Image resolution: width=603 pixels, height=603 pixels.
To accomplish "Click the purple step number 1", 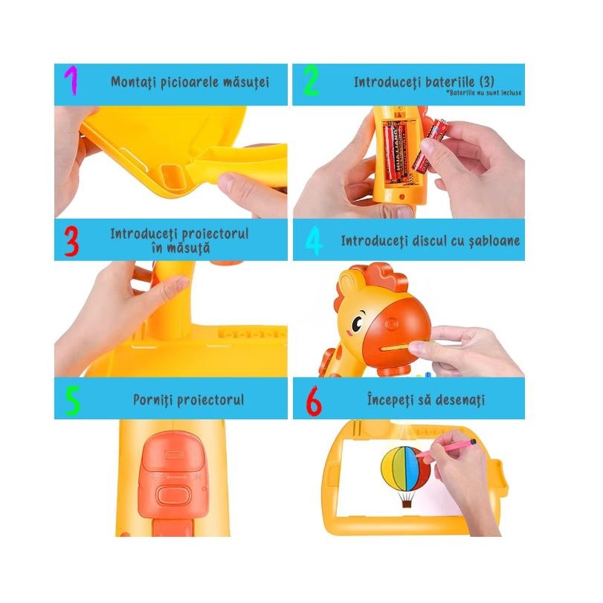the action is [x=71, y=81].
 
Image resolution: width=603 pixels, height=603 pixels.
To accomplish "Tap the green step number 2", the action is [x=311, y=80].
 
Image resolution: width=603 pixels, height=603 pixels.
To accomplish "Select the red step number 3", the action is [x=71, y=241].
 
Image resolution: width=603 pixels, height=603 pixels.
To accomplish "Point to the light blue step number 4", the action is [x=313, y=241].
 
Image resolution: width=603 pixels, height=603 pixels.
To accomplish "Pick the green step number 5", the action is [x=72, y=400].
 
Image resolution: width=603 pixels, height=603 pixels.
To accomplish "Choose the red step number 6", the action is [x=314, y=400].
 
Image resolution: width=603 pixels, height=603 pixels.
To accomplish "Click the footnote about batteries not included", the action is [x=484, y=93].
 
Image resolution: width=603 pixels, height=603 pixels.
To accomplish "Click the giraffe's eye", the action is [x=358, y=323].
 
